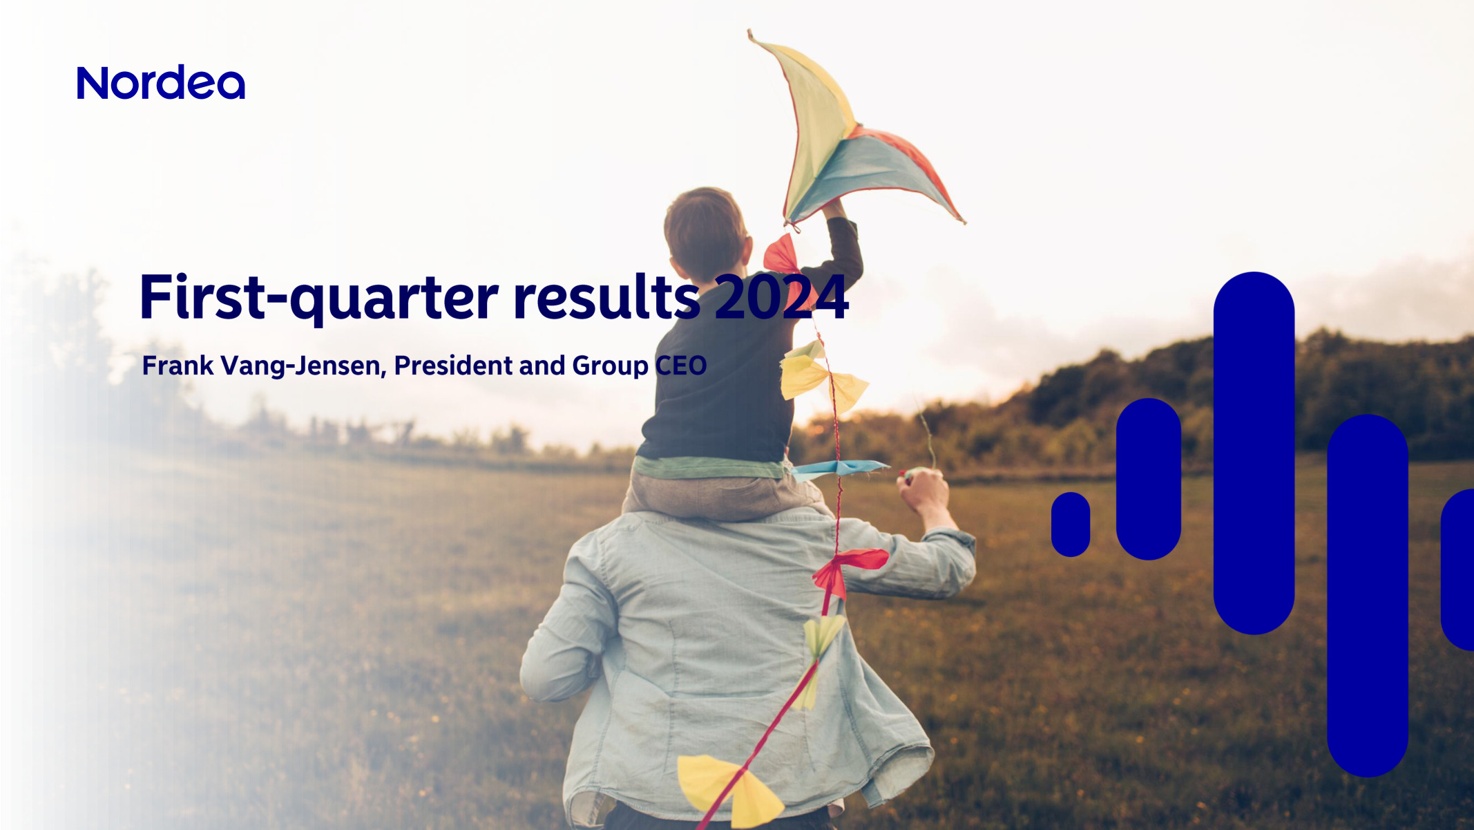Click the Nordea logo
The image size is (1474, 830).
(161, 83)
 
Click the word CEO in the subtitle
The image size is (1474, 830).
(680, 366)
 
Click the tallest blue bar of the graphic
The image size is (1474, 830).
(1254, 453)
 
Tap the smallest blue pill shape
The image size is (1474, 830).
(1071, 524)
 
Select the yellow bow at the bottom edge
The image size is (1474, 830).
(729, 788)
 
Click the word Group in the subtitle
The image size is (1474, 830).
(610, 366)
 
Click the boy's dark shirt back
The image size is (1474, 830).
(718, 394)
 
